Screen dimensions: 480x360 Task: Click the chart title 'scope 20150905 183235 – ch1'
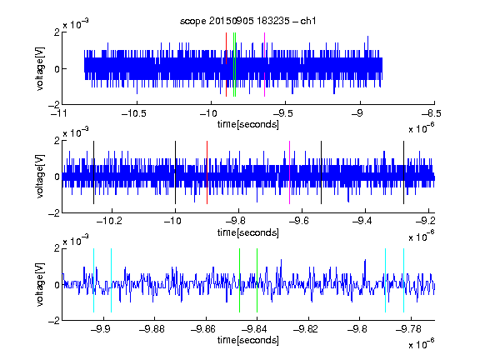247,21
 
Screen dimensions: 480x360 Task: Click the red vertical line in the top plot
226,65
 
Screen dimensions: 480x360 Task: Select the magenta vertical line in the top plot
264,65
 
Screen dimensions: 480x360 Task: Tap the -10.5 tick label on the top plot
134,113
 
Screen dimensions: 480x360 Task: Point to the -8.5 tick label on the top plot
432,113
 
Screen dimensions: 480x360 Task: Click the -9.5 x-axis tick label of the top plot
282,113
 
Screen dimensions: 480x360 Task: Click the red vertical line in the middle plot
207,172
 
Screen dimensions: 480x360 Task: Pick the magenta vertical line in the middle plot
290,172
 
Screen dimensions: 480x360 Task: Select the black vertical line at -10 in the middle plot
175,172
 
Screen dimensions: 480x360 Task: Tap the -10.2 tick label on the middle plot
109,221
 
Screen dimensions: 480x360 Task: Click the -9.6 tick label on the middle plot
298,221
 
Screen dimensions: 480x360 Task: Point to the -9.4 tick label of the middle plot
362,221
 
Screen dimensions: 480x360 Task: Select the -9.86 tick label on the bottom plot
203,329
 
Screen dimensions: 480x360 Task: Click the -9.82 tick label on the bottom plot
306,329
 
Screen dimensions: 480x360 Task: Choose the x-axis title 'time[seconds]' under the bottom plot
248,340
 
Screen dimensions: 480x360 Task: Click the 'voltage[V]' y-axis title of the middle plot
40,177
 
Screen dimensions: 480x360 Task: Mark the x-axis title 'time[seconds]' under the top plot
248,125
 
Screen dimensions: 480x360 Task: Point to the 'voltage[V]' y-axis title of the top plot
40,68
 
